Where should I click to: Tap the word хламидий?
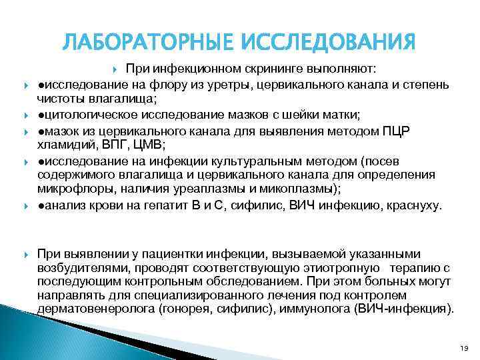pyautogui.click(x=65, y=143)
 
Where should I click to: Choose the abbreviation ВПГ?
pyautogui.click(x=112, y=143)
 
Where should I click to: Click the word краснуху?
pyautogui.click(x=413, y=205)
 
